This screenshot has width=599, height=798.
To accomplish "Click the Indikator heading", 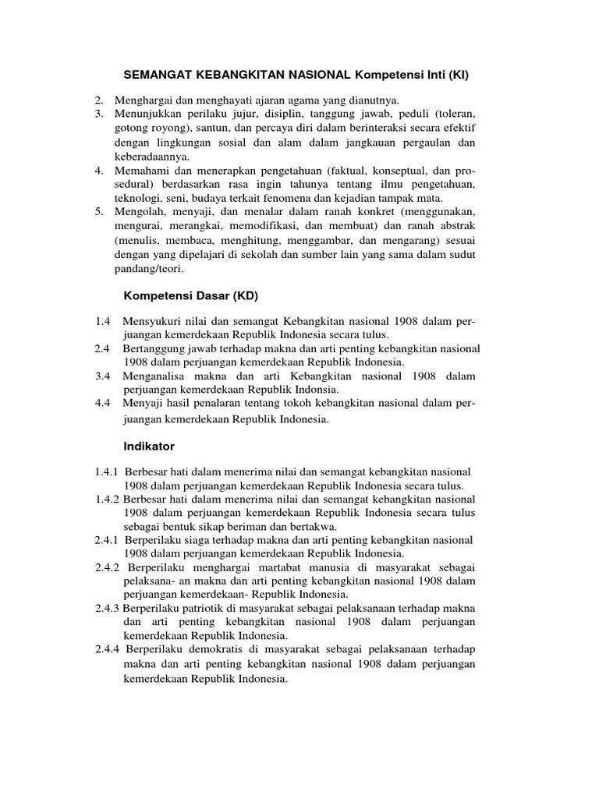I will point(150,447).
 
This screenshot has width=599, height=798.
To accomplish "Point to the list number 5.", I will point(99,212).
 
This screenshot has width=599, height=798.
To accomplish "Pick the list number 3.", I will point(99,114).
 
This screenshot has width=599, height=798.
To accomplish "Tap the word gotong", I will point(132,128).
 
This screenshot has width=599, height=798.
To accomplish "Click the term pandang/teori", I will point(147,269).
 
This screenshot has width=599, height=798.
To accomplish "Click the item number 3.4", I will point(104,376).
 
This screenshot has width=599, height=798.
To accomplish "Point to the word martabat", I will point(278,568).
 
